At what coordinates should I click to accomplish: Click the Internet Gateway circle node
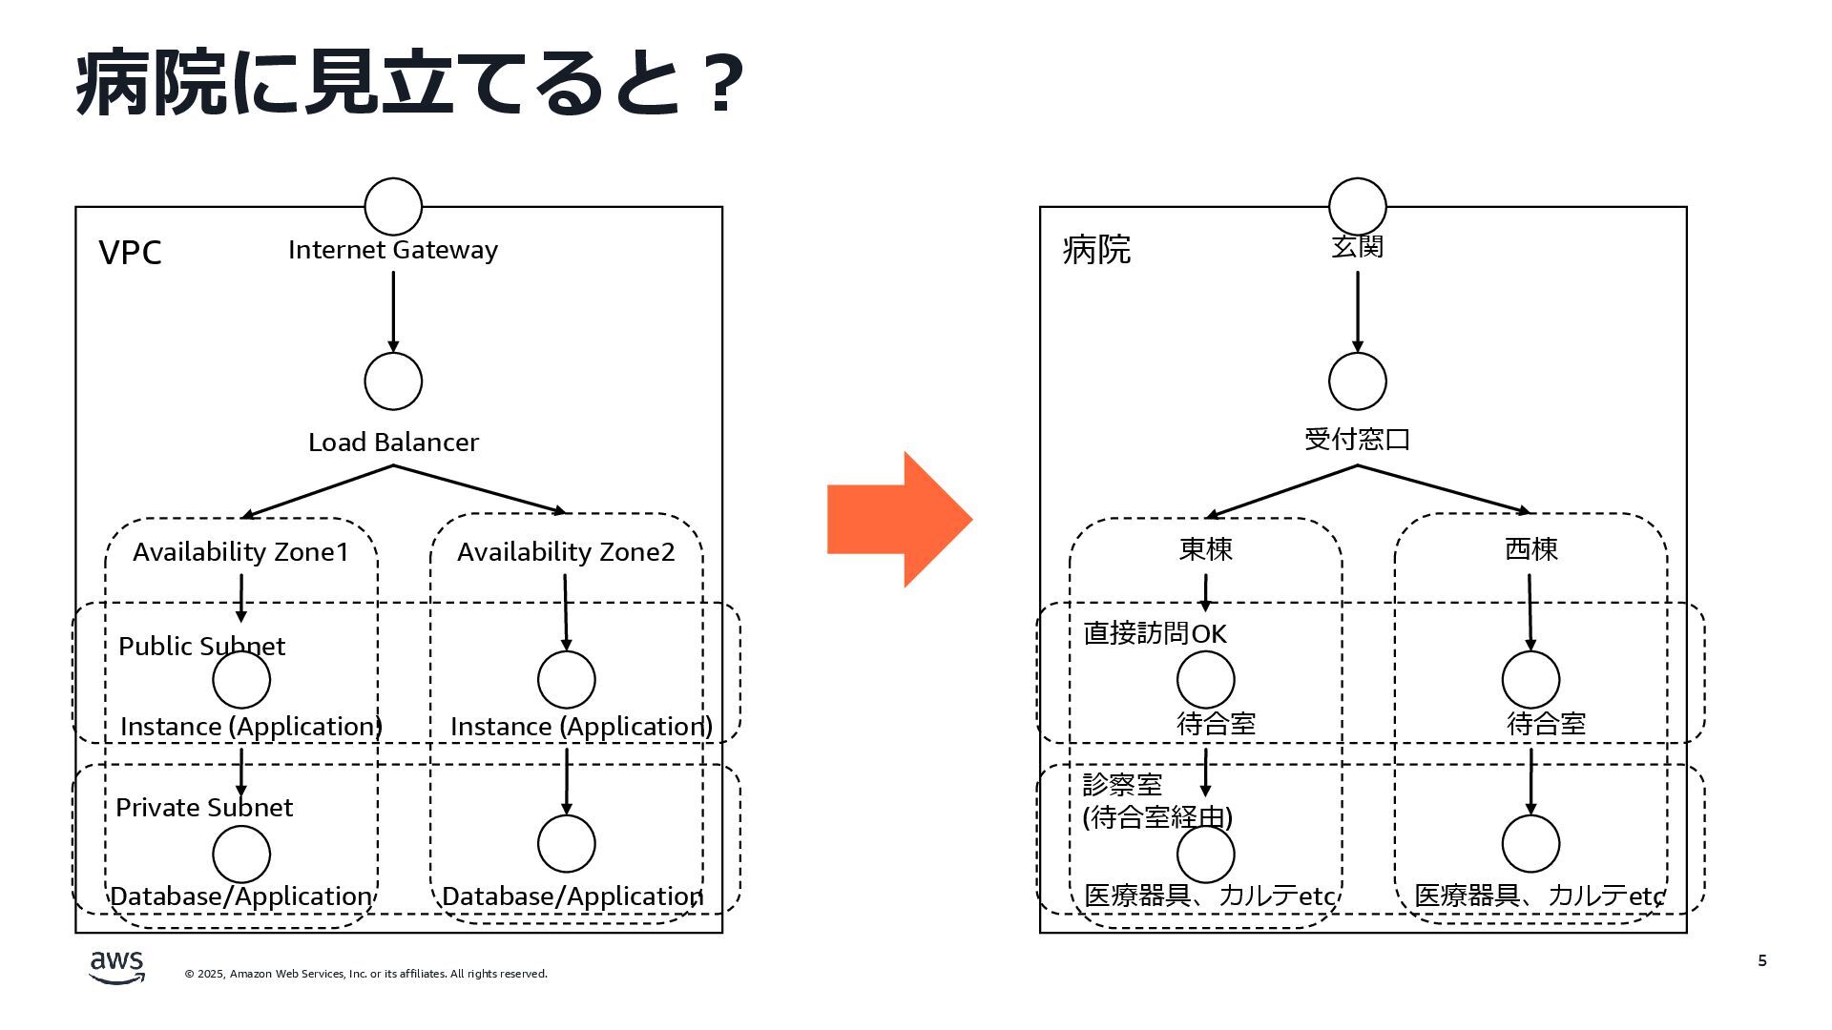click(393, 206)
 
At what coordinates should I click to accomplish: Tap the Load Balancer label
click(393, 443)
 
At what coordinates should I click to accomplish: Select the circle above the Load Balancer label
click(393, 381)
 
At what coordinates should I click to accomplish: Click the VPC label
click(131, 253)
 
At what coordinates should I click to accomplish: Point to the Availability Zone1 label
click(240, 552)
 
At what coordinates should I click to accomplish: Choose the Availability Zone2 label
click(566, 552)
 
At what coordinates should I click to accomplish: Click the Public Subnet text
click(201, 647)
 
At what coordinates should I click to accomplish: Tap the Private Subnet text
click(204, 808)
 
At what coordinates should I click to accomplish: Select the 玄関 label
click(1357, 247)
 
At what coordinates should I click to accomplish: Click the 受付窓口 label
click(1357, 440)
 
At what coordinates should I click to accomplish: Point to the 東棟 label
click(1206, 549)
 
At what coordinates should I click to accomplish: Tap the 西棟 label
click(1531, 549)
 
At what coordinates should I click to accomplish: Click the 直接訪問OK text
click(1155, 634)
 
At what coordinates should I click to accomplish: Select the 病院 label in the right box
click(1096, 250)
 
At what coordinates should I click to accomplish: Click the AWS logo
click(116, 967)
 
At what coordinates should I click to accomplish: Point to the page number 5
click(1762, 960)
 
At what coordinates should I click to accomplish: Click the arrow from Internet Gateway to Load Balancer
click(393, 311)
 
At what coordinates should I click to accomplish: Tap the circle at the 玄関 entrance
click(1357, 206)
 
